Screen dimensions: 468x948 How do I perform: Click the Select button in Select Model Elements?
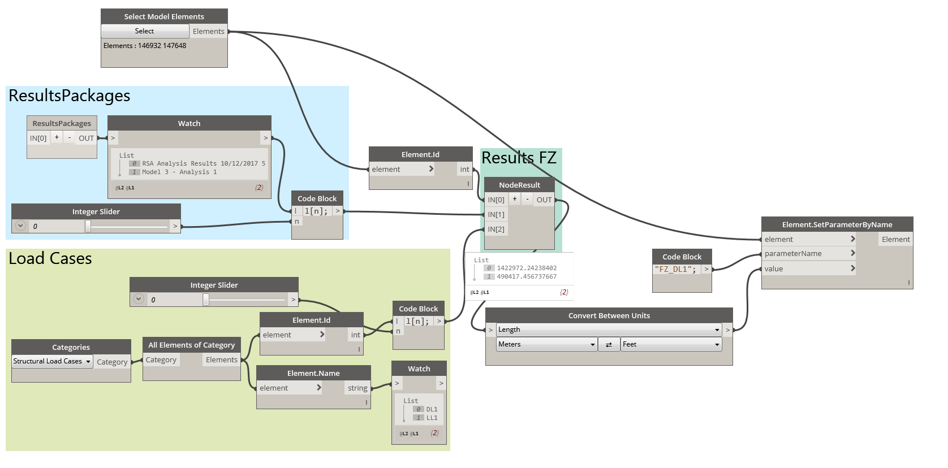[145, 31]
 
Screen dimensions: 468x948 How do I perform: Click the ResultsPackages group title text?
[70, 96]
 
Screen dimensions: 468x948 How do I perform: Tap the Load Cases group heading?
[50, 259]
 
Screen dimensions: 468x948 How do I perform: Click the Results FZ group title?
[519, 158]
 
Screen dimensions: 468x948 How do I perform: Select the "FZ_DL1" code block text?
[675, 270]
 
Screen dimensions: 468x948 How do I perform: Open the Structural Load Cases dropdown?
[52, 361]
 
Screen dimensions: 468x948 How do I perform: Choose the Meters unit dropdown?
[546, 344]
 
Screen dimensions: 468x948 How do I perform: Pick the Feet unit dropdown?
[671, 344]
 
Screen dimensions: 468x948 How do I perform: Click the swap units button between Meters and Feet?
[609, 344]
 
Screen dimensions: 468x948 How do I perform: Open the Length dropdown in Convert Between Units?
[609, 330]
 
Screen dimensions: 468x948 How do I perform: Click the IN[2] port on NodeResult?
[496, 229]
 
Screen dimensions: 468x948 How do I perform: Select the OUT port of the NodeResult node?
[544, 200]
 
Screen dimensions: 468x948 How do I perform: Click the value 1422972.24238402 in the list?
[527, 268]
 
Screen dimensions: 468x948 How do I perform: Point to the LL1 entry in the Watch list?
[432, 418]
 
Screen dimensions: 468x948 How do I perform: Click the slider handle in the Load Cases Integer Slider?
[206, 300]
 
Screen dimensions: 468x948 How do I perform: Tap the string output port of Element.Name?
[357, 388]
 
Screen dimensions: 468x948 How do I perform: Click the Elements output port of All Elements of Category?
[221, 360]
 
